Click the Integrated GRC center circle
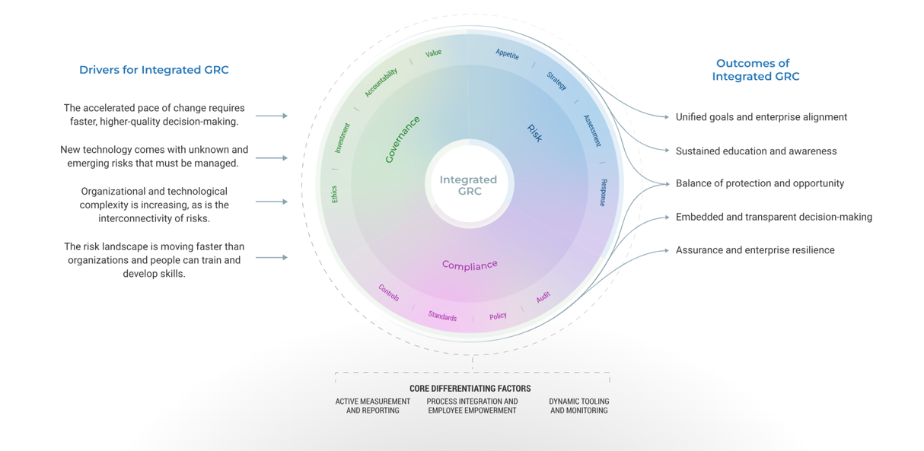[x=468, y=186]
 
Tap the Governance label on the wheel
[x=402, y=140]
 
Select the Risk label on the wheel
[x=535, y=132]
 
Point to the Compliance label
[x=470, y=265]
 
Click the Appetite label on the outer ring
[x=507, y=54]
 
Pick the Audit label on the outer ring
[x=543, y=297]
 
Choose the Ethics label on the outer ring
[x=334, y=194]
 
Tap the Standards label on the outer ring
[x=442, y=316]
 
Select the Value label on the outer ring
[x=433, y=53]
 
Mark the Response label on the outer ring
[x=603, y=192]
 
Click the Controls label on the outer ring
[x=389, y=293]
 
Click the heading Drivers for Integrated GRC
[x=154, y=70]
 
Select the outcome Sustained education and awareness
[x=756, y=151]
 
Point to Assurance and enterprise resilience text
[x=755, y=250]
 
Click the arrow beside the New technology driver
[x=272, y=158]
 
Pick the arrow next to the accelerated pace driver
[x=272, y=116]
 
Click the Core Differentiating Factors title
[x=470, y=389]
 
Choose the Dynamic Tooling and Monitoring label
[x=578, y=406]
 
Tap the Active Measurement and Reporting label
[x=372, y=406]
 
